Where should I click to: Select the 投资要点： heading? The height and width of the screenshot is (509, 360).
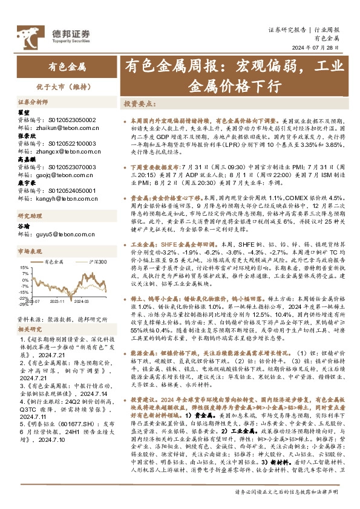140,104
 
